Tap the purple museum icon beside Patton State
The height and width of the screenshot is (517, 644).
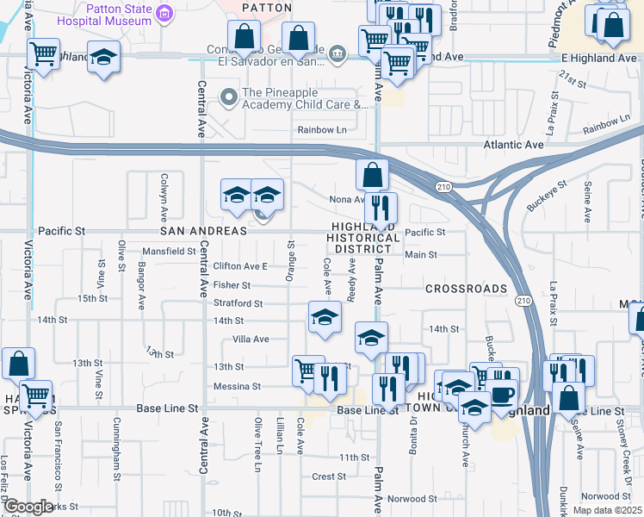pos(167,12)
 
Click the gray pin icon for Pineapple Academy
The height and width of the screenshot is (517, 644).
pos(228,97)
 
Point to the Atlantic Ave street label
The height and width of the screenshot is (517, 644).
pos(513,146)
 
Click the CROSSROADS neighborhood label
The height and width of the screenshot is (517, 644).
pos(466,289)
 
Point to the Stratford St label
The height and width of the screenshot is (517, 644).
pos(238,303)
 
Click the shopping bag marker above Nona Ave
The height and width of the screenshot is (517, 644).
pos(371,176)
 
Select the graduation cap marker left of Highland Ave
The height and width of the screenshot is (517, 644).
pos(103,58)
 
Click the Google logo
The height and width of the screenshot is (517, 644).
pos(28,507)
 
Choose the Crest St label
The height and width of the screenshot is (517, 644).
pos(329,476)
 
